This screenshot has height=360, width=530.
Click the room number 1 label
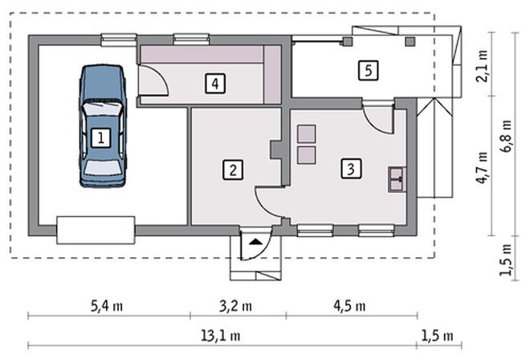click(100, 137)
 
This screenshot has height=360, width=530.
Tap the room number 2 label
click(233, 170)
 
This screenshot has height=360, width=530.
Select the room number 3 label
click(351, 168)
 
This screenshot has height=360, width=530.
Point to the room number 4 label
click(215, 84)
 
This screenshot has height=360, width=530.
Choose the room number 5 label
click(368, 71)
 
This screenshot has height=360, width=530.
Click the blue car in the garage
click(103, 126)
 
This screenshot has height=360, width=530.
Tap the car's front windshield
click(102, 110)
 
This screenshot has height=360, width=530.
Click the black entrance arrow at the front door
click(256, 242)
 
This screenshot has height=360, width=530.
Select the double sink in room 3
click(397, 180)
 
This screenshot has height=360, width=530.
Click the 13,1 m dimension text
click(221, 336)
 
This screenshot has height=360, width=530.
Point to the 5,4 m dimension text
click(107, 306)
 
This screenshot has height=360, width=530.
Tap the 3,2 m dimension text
click(235, 306)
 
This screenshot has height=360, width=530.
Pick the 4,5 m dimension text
click(349, 306)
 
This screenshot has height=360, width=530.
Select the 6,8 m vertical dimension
click(506, 136)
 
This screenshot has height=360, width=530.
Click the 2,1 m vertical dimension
click(482, 66)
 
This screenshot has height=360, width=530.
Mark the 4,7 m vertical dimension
click(482, 167)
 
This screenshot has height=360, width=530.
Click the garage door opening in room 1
click(96, 230)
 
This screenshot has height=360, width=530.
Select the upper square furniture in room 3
click(307, 133)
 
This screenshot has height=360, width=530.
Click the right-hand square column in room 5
click(410, 42)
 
